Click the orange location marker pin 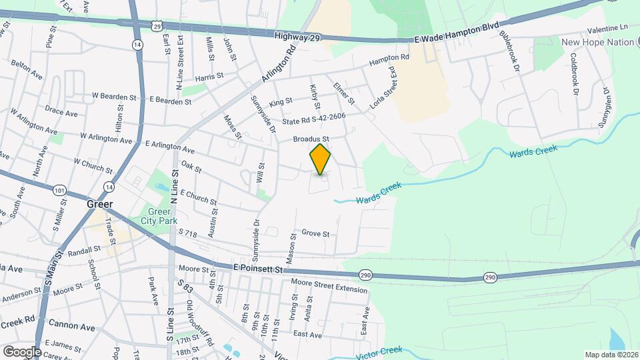pyautogui.click(x=320, y=159)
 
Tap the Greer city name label pyautogui.click(x=99, y=204)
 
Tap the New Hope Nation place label pyautogui.click(x=597, y=42)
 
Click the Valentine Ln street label pyautogui.click(x=609, y=28)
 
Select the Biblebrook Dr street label pyautogui.click(x=514, y=51)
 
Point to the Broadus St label pyautogui.click(x=312, y=139)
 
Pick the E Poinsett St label pyautogui.click(x=259, y=267)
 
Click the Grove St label pyautogui.click(x=315, y=234)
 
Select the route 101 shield pyautogui.click(x=60, y=191)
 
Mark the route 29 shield pyautogui.click(x=156, y=26)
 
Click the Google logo pyautogui.click(x=21, y=351)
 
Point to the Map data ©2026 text pyautogui.click(x=611, y=355)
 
